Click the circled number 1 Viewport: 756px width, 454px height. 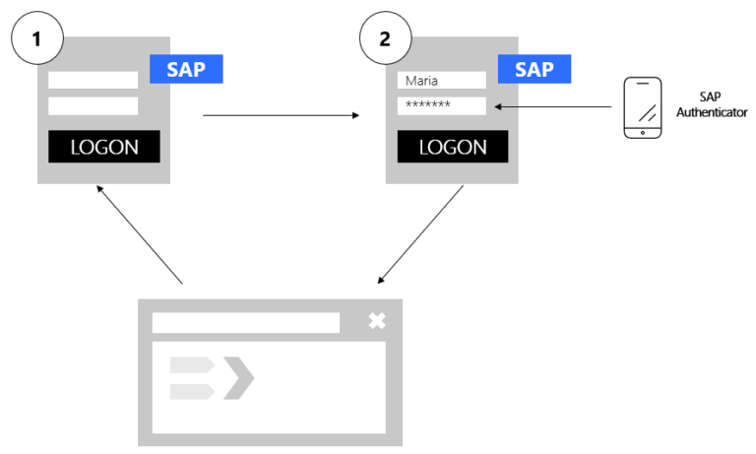[x=36, y=40]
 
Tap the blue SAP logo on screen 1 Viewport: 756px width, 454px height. [x=186, y=70]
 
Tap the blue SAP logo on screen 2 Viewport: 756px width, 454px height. [x=535, y=70]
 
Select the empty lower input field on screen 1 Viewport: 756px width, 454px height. [x=94, y=105]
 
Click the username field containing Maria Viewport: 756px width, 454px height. [x=441, y=81]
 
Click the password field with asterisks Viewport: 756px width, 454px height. [x=441, y=105]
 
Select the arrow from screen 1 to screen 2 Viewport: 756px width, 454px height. [x=281, y=116]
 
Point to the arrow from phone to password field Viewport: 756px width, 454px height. [x=556, y=105]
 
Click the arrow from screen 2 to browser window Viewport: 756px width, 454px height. [x=420, y=233]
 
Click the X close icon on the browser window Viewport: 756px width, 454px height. [x=376, y=321]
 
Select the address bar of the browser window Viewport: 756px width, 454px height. [x=245, y=323]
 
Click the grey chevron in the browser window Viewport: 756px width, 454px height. [x=239, y=379]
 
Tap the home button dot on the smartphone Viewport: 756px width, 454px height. [x=643, y=132]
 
